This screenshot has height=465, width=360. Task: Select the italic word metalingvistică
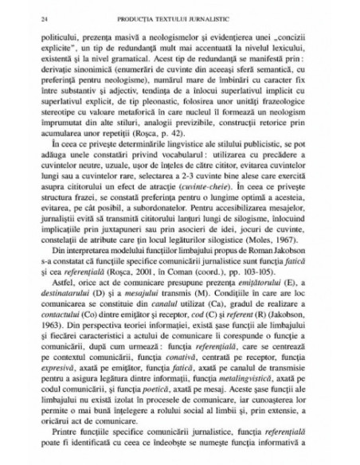pyautogui.click(x=263, y=404)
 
